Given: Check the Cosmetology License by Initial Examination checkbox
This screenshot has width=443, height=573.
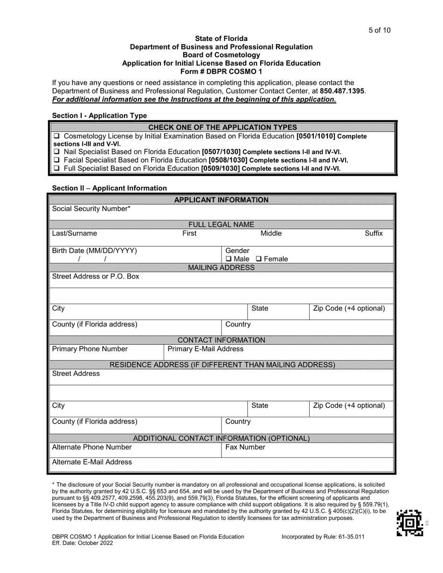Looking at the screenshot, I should point(56,136).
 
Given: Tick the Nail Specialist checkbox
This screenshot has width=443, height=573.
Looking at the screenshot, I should point(56,152).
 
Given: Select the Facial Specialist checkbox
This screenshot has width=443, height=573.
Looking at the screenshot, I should point(56,160).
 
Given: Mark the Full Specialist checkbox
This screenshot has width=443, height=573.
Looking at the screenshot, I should point(56,169).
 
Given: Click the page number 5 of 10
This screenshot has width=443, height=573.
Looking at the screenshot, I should point(379,30).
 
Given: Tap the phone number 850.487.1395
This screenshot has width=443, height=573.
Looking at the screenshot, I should point(343,91).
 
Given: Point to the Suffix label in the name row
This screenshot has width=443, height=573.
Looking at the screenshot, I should point(374,233).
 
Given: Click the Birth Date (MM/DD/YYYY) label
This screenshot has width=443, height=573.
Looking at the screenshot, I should point(95,251).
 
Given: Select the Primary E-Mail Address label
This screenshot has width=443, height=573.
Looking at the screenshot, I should point(205,349).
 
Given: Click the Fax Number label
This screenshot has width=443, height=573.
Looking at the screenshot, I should point(245,447).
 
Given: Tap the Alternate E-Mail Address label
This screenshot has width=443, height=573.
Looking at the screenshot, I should point(92,462).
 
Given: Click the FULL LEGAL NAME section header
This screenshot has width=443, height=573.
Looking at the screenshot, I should point(221,225).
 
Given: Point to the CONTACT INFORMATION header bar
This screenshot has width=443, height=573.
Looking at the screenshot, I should point(221,340).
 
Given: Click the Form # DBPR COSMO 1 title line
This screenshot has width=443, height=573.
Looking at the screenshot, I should point(221,71).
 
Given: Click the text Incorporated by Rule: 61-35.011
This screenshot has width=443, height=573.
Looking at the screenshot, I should point(323,537).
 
